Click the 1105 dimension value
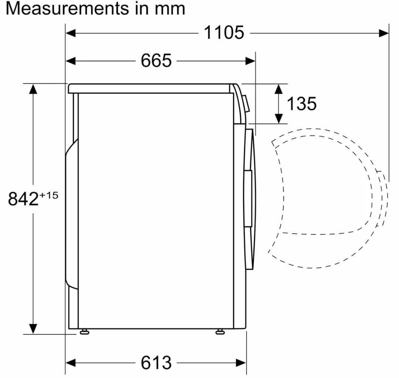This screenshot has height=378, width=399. click(x=224, y=33)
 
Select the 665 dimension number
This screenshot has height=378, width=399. click(x=156, y=61)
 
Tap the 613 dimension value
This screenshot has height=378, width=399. click(x=156, y=362)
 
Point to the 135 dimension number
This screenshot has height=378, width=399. click(x=301, y=103)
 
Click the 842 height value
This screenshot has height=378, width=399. click(x=23, y=199)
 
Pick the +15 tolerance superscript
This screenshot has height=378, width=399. click(x=49, y=195)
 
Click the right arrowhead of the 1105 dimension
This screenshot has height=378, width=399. click(x=384, y=33)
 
